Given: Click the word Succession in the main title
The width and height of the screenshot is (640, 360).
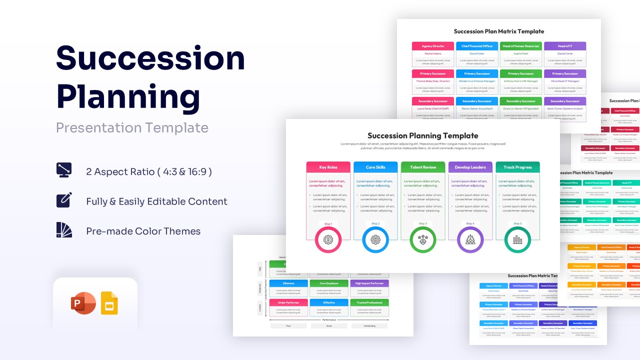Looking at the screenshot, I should click(150, 58).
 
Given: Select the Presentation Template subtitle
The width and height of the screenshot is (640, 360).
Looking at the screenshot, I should click(132, 127).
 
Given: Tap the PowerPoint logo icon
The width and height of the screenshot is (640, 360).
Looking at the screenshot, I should click(83, 304).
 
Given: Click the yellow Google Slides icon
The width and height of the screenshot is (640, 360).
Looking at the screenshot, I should click(109, 303).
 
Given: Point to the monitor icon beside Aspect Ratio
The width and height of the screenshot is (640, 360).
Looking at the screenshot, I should click(64, 170).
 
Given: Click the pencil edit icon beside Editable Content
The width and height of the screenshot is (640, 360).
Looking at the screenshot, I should click(64, 200).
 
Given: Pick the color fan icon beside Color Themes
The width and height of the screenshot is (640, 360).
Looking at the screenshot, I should click(64, 230).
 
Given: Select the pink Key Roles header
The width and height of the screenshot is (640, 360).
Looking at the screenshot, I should click(328, 167).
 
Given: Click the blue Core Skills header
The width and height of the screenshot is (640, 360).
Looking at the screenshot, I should click(375, 167).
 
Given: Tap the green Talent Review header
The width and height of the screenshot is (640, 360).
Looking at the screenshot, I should click(422, 167).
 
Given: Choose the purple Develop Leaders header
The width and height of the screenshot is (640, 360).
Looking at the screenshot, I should click(470, 167).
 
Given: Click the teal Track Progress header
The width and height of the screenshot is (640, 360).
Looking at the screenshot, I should click(517, 167).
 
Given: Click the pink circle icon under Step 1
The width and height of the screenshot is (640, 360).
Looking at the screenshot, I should click(328, 240).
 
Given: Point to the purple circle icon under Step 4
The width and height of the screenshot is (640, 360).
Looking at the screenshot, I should click(470, 240).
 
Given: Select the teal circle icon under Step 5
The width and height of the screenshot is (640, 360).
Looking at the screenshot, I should click(517, 240).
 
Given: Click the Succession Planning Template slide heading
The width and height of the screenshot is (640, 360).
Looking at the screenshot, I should click(422, 135).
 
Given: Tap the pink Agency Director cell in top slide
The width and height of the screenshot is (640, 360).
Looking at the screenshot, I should click(433, 46).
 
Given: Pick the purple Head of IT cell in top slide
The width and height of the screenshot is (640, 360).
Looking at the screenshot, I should click(565, 46).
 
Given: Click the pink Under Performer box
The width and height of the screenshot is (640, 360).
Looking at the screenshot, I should click(288, 302).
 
